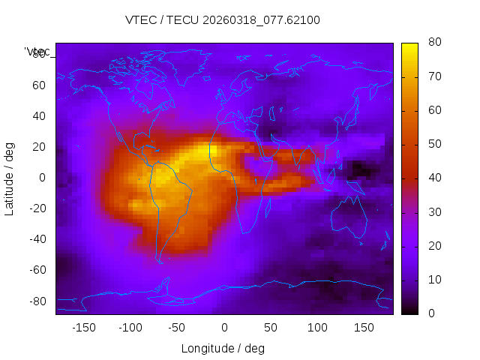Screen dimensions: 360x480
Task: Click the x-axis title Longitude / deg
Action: click(223, 348)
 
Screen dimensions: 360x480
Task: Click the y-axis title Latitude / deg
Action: click(10, 178)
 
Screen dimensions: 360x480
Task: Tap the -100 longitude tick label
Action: click(130, 327)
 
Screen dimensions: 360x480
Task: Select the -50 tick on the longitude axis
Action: click(177, 327)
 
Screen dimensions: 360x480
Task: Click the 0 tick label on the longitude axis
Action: click(224, 327)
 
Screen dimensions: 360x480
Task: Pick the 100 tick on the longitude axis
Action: click(317, 327)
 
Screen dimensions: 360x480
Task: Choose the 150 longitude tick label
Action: click(364, 327)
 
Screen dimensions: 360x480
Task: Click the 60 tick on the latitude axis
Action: click(39, 85)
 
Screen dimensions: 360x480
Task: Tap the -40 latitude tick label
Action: click(37, 239)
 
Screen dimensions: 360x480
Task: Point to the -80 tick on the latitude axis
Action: click(37, 301)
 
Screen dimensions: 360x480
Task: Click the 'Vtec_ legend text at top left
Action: click(37, 52)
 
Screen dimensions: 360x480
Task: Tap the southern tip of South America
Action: click(160, 261)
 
